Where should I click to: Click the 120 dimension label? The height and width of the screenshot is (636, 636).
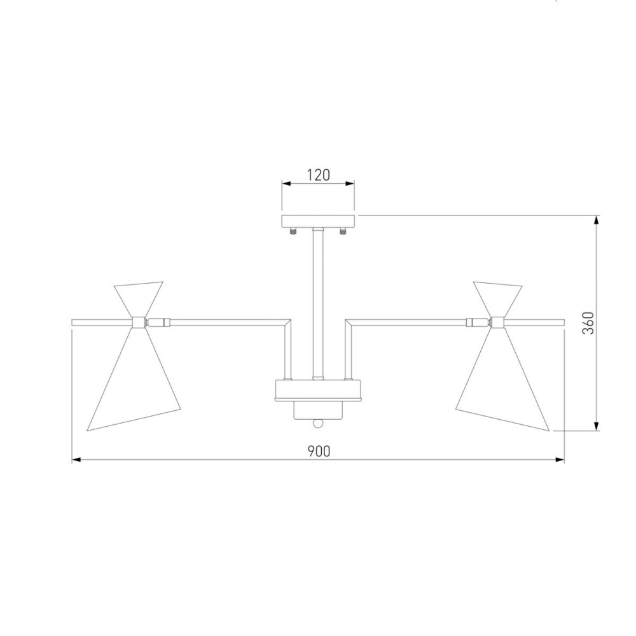pyautogui.click(x=318, y=175)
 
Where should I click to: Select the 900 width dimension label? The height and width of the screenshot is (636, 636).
pyautogui.click(x=319, y=451)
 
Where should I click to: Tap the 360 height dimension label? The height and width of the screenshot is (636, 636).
pyautogui.click(x=588, y=323)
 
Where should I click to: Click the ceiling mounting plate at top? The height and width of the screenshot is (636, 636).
pyautogui.click(x=319, y=221)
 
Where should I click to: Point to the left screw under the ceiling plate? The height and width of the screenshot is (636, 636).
pyautogui.click(x=293, y=231)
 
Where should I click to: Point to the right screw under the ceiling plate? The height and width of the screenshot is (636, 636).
pyautogui.click(x=343, y=231)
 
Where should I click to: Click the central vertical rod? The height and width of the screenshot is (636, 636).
pyautogui.click(x=318, y=303)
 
